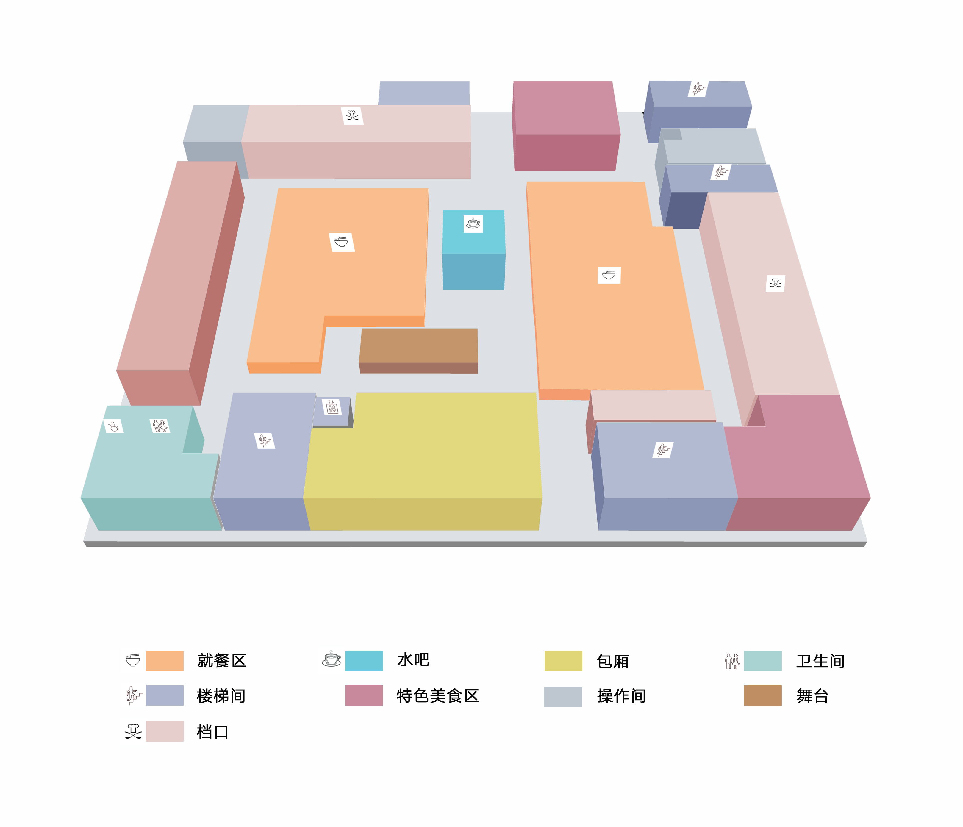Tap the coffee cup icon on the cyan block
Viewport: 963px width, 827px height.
(x=473, y=223)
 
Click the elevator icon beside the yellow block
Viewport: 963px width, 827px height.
(x=332, y=407)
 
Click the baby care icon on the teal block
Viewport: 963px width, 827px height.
(x=113, y=426)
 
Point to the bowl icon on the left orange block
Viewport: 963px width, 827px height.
(x=342, y=242)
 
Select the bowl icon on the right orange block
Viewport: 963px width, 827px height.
(x=609, y=275)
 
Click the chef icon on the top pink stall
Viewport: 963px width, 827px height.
(x=352, y=116)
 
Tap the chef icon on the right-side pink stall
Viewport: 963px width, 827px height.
(x=775, y=283)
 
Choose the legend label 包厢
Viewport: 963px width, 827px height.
(x=612, y=661)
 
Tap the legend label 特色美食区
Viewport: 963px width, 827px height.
(x=437, y=696)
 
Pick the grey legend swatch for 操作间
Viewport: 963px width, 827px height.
(x=563, y=696)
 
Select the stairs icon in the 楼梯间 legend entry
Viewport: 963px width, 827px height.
(x=133, y=695)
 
